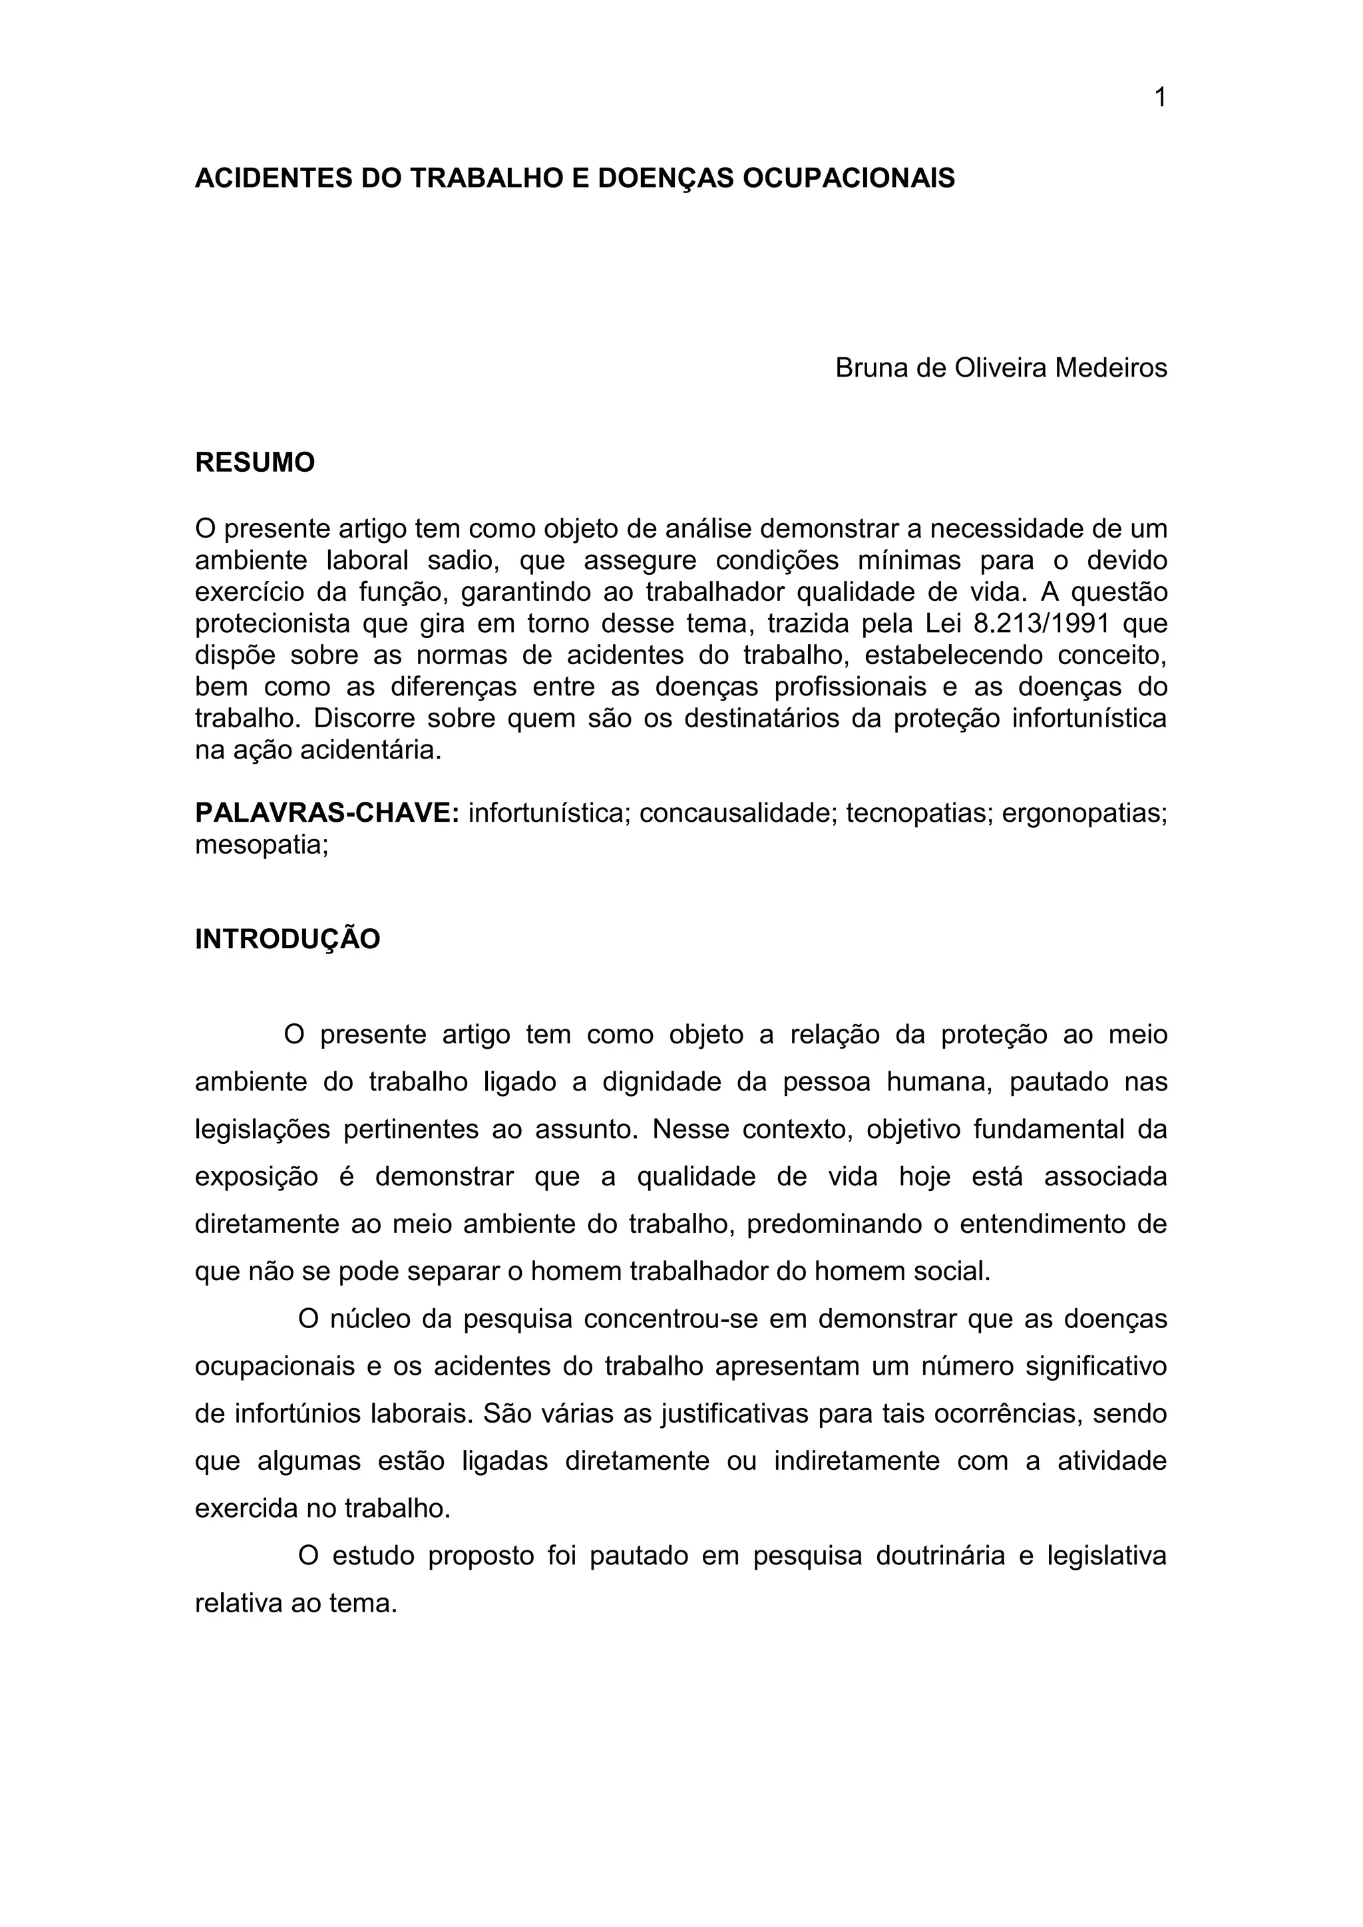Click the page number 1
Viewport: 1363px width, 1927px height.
[x=1160, y=98]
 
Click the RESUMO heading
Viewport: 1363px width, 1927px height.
[x=255, y=462]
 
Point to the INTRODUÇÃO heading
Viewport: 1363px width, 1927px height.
[x=287, y=939]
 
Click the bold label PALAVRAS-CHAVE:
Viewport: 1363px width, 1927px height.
[x=327, y=812]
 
